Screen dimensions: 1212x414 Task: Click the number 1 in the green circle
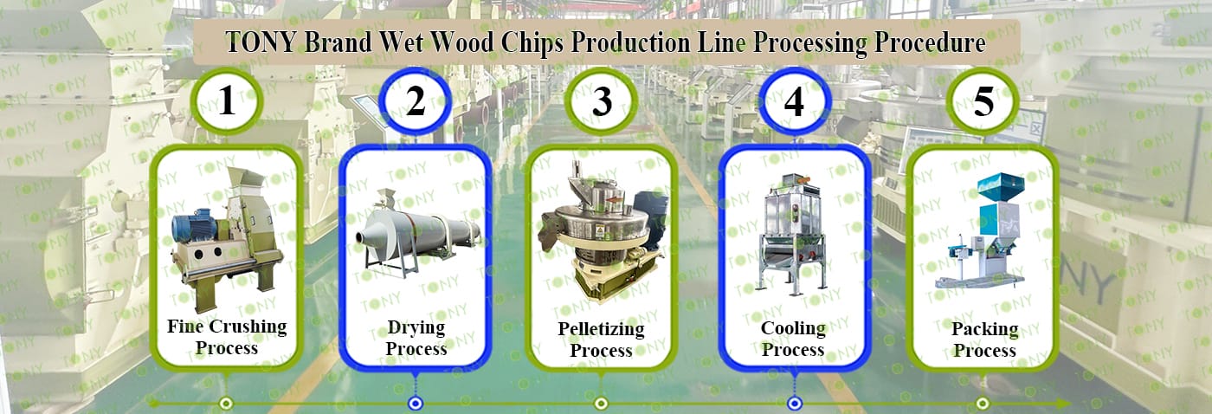pyautogui.click(x=227, y=101)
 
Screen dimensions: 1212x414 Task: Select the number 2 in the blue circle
pyautogui.click(x=415, y=101)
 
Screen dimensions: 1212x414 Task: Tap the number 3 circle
pyautogui.click(x=602, y=101)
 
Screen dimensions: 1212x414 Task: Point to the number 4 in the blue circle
pyautogui.click(x=794, y=101)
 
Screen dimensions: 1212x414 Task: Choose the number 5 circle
pyautogui.click(x=983, y=101)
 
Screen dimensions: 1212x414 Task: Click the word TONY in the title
pyautogui.click(x=261, y=42)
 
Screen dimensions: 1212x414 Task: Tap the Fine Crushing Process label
pyautogui.click(x=227, y=337)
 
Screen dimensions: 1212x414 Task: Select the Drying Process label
pyautogui.click(x=416, y=338)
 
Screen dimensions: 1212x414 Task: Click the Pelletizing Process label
pyautogui.click(x=601, y=340)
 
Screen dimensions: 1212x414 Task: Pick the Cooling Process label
pyautogui.click(x=793, y=339)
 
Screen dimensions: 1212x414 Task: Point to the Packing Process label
pyautogui.click(x=985, y=340)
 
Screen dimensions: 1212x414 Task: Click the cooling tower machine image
pyautogui.click(x=794, y=234)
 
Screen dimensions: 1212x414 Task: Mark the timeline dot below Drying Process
pyautogui.click(x=415, y=404)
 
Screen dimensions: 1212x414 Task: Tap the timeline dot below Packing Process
pyautogui.click(x=983, y=404)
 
